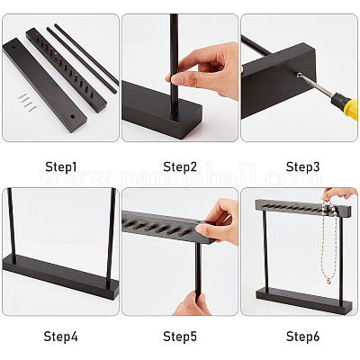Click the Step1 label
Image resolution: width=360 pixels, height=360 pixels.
[x=61, y=166]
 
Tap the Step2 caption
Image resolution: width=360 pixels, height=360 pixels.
[x=180, y=166]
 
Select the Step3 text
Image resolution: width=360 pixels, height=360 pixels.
[x=302, y=166]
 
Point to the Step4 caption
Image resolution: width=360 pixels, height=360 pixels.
[x=61, y=337]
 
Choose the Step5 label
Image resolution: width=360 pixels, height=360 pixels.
[x=180, y=337]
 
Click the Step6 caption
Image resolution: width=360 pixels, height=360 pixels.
[x=302, y=337]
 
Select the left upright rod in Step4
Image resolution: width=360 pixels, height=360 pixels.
[x=12, y=226]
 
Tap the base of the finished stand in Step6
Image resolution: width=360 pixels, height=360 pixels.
[x=303, y=301]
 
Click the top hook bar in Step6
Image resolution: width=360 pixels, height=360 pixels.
[x=303, y=207]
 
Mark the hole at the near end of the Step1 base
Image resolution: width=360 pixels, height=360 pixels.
[x=72, y=116]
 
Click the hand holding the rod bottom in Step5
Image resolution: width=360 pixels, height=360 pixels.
[x=192, y=303]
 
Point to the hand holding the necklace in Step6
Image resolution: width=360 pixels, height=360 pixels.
[x=338, y=194]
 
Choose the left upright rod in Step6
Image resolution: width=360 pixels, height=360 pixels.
[x=265, y=249]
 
